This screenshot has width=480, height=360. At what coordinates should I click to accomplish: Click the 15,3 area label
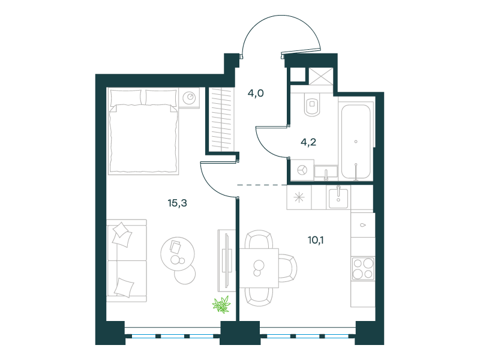coord(177,203)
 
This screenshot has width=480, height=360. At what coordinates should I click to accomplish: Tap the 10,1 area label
coord(316,240)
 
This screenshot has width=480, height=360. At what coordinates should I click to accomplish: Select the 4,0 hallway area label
coord(256,93)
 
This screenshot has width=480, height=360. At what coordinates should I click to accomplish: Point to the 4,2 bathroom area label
coord(308,142)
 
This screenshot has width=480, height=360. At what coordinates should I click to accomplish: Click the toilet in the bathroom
coord(312,104)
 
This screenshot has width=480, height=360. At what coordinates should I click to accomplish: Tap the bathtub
coord(356,142)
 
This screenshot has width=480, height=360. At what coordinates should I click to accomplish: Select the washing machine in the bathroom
coord(302,170)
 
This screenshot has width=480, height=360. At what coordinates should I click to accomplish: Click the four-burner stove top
coord(363,268)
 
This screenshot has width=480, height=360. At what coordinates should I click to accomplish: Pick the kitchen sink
coord(338,198)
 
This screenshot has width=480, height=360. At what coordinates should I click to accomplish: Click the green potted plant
coord(221,305)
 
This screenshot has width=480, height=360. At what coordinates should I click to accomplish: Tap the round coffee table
coord(178,253)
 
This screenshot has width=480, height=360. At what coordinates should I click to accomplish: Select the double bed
coord(143,131)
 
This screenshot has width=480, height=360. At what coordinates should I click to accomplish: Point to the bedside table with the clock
coord(189,98)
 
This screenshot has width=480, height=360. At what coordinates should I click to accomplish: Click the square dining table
coord(259,268)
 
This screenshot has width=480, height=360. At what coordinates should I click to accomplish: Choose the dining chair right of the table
coord(287,268)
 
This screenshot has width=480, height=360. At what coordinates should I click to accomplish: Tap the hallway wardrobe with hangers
coord(221,119)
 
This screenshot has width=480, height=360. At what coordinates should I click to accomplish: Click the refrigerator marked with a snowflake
coord(299,197)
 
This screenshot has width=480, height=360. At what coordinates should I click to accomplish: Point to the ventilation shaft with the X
coord(320,76)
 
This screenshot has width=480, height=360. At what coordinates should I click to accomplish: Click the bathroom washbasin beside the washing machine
coord(326,173)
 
